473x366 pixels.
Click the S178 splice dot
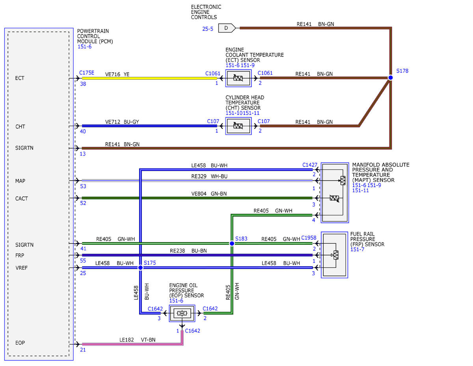click(x=391, y=78)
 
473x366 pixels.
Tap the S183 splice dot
click(x=232, y=243)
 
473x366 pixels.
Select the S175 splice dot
click(x=140, y=267)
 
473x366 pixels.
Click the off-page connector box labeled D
click(x=227, y=28)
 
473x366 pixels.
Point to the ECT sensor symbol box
click(x=238, y=78)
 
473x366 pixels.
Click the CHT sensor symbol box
click(x=238, y=126)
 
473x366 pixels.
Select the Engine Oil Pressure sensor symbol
click(x=182, y=313)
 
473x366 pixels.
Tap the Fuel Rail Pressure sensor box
click(x=334, y=255)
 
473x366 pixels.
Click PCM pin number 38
click(x=83, y=84)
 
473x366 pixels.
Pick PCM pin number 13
click(x=83, y=154)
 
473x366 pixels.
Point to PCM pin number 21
click(x=83, y=350)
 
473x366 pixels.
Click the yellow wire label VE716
click(x=113, y=74)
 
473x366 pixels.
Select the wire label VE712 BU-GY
click(x=122, y=122)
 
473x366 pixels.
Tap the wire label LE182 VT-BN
click(x=137, y=340)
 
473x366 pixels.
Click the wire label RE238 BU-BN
click(x=188, y=251)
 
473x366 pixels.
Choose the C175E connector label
click(x=87, y=73)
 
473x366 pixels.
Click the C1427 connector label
click(x=310, y=165)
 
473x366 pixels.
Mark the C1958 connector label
click(x=309, y=238)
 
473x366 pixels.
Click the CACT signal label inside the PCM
click(x=22, y=199)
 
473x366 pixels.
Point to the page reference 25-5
click(x=208, y=29)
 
